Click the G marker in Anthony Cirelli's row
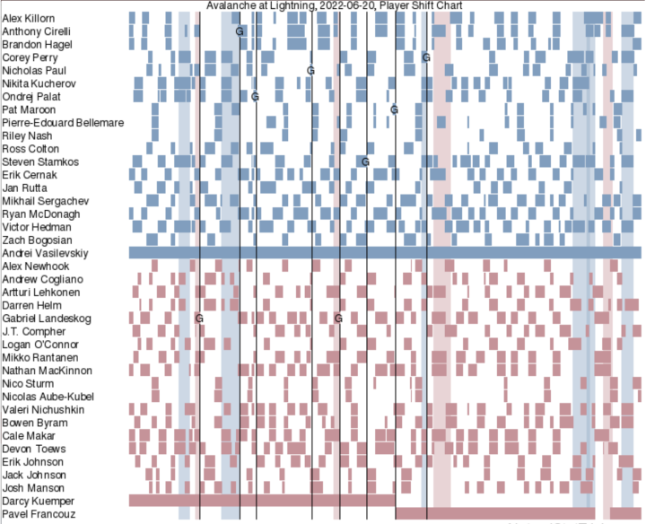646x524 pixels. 240,31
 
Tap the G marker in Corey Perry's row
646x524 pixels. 426,57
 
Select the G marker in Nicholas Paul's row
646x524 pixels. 310,70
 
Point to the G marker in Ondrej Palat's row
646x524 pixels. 256,96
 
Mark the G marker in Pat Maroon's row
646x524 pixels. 394,109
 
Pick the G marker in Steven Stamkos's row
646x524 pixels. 365,162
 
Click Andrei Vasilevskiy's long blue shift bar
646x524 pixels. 386,253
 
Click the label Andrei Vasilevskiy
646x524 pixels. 45,253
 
